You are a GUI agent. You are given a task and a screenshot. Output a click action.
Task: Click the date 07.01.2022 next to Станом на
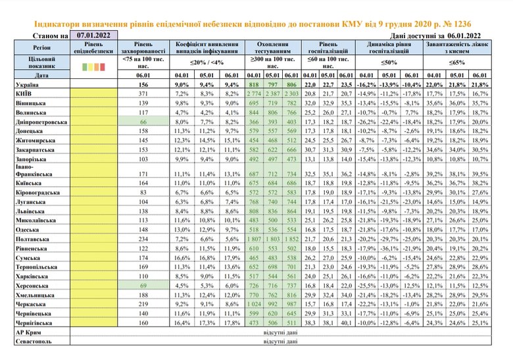pyautogui.click(x=93, y=36)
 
